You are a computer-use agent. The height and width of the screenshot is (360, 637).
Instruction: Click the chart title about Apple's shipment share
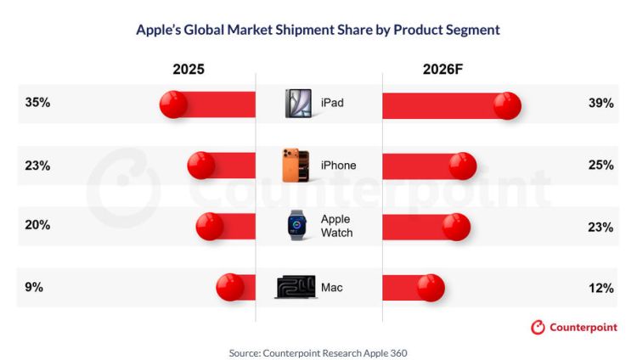click(318, 30)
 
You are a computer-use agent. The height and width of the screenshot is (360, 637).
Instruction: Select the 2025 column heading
click(189, 69)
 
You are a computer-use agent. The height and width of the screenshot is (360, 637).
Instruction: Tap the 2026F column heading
click(443, 69)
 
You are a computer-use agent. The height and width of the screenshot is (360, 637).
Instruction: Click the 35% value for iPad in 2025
click(37, 103)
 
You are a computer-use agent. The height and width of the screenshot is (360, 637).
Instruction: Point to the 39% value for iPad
click(600, 104)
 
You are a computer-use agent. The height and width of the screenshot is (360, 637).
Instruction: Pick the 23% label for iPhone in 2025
click(37, 166)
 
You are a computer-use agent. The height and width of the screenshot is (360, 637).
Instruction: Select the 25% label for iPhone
click(600, 165)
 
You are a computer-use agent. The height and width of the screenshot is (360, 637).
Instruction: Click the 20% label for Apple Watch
click(37, 225)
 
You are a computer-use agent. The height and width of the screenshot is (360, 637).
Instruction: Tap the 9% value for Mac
click(34, 287)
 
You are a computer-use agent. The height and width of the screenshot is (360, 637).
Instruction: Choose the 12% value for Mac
click(600, 288)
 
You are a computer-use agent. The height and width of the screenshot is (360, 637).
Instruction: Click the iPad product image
click(299, 104)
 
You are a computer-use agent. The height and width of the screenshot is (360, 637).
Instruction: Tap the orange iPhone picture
click(296, 165)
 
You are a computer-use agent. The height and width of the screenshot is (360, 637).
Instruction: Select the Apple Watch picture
click(297, 225)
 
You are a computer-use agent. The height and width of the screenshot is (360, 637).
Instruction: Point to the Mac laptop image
click(296, 287)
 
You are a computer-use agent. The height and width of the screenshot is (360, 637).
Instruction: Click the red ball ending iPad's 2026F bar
click(507, 105)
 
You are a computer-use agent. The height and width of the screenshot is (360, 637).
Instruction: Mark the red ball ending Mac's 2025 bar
click(230, 287)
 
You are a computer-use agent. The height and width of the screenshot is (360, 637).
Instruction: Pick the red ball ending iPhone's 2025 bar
click(201, 166)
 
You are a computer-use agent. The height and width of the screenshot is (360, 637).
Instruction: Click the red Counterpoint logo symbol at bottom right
click(538, 327)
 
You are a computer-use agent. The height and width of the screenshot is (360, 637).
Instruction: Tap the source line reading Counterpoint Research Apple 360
click(318, 353)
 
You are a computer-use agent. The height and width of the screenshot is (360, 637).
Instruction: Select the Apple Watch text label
click(337, 226)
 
